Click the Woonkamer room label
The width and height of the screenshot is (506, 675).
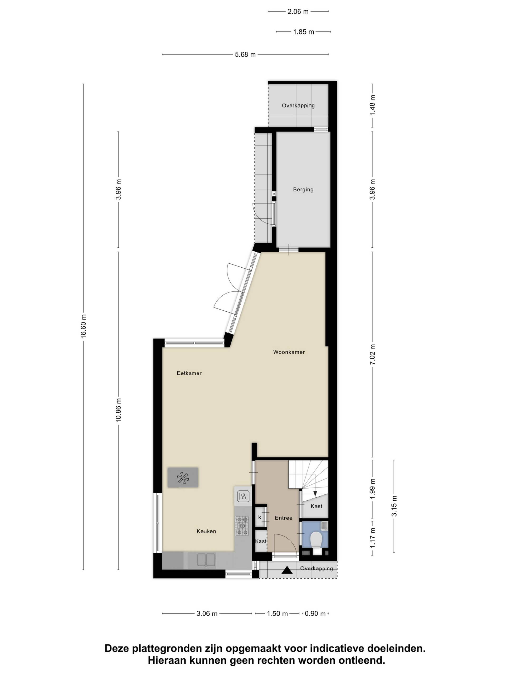pos(289,352)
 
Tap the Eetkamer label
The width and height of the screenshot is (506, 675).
pos(189,373)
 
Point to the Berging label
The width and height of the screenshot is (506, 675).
pos(303,190)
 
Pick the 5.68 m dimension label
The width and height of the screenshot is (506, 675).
pos(245,55)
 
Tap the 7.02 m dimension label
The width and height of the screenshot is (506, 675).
pos(372,354)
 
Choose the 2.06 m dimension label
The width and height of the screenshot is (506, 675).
pos(298,12)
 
